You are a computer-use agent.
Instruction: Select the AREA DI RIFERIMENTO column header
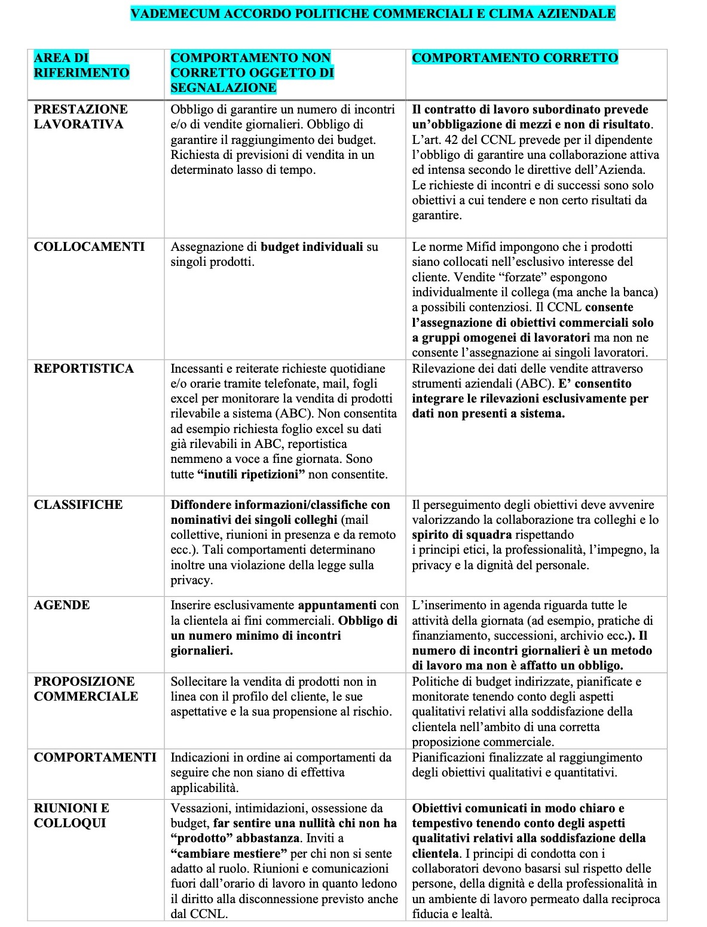click(81, 65)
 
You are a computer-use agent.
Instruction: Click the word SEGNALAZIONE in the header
click(223, 88)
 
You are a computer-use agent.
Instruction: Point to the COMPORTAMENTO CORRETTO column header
click(515, 58)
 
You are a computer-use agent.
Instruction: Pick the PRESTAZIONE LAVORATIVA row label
click(81, 116)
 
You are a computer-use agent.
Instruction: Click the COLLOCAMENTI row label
click(89, 247)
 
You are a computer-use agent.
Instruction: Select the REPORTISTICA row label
click(84, 369)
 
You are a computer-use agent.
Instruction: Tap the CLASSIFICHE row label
click(78, 505)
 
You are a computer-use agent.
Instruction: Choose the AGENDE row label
click(62, 605)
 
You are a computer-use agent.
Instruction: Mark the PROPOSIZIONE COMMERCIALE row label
click(85, 689)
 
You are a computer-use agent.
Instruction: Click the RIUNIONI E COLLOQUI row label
click(71, 815)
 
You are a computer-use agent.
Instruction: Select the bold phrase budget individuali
click(312, 247)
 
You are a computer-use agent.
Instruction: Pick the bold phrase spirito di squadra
click(461, 535)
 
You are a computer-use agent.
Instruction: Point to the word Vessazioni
click(199, 808)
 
